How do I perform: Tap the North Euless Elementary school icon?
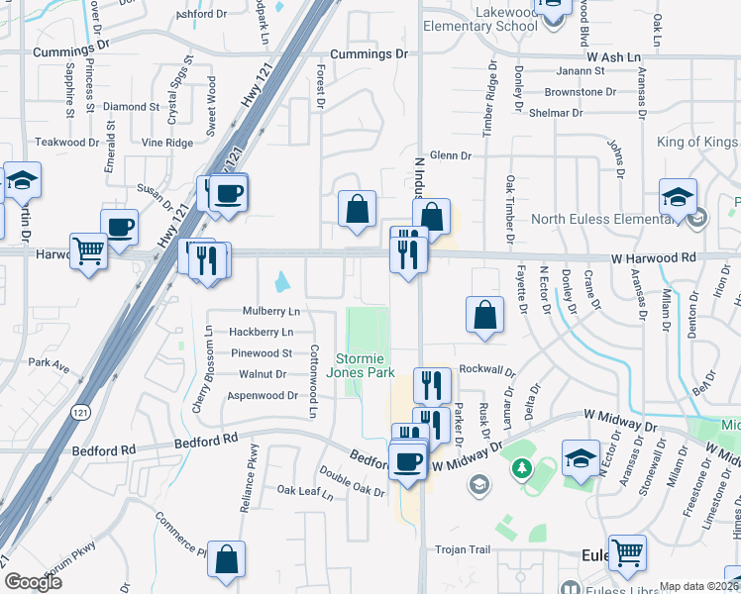click(678, 197)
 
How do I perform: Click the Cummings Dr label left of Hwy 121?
click(69, 51)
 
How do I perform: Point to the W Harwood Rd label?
click(654, 257)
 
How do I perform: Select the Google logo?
click(33, 582)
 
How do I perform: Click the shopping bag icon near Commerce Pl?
click(227, 559)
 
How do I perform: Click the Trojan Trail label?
click(464, 549)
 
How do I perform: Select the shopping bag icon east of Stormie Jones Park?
click(481, 315)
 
